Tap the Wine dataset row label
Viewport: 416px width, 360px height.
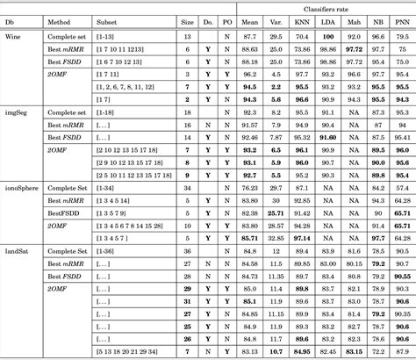pos(15,37)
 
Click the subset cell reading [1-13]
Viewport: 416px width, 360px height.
pos(105,37)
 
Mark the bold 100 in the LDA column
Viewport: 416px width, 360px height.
pos(327,37)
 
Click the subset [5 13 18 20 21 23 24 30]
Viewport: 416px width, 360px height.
pos(137,351)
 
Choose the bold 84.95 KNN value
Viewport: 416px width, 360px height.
pos(301,351)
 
